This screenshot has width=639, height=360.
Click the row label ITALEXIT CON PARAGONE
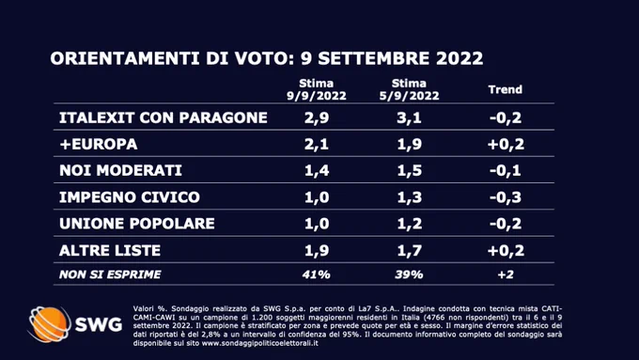coord(164,117)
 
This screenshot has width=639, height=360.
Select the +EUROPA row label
coord(99,145)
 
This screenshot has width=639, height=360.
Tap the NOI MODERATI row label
coord(120,170)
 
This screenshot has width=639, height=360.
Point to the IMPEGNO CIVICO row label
coord(130,197)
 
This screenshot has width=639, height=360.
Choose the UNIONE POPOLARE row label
coord(137,224)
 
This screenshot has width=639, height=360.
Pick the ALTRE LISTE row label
coord(110,250)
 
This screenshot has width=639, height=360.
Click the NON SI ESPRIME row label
coord(110,274)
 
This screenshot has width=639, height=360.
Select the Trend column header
coord(506,89)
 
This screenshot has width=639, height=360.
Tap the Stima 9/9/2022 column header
coord(317,89)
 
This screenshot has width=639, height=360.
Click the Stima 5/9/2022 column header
coord(409,89)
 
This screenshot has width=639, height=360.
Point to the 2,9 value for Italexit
coord(317,118)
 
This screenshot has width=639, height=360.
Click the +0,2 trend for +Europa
coord(506,145)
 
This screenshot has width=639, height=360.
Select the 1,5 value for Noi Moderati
coord(409,171)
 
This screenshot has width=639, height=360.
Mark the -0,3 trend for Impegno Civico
coord(506,197)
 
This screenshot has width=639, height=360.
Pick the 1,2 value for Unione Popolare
coord(409,224)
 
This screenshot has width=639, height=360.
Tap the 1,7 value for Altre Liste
coord(409,250)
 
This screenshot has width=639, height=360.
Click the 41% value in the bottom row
coord(317,274)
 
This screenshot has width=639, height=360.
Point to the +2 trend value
coord(506,274)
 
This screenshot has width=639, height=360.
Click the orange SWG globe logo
coord(49,324)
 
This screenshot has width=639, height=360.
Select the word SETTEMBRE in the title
coord(374,58)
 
